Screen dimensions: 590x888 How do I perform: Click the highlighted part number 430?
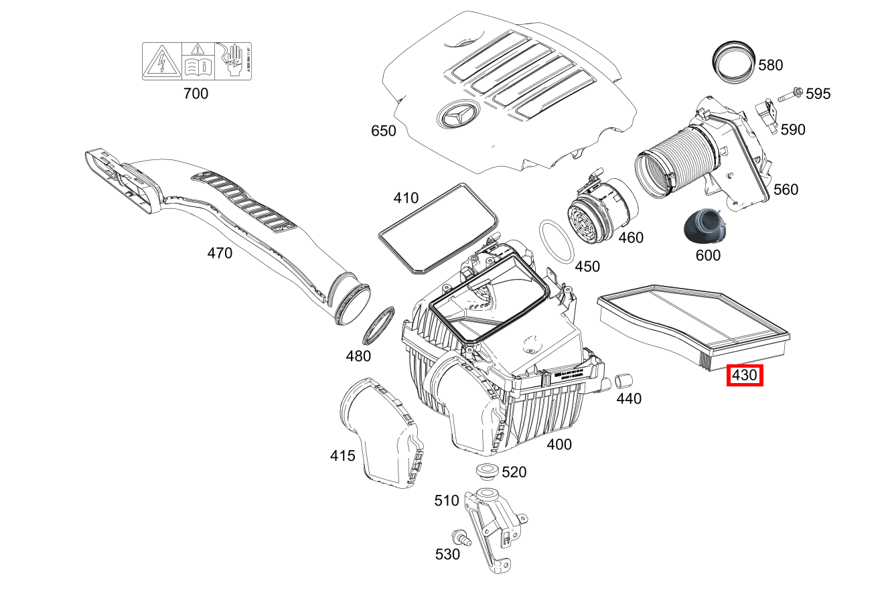[x=745, y=376]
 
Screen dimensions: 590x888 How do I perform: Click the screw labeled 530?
[x=459, y=536]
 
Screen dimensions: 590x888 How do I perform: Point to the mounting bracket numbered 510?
[x=493, y=529]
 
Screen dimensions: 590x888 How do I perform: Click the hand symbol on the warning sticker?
[x=232, y=61]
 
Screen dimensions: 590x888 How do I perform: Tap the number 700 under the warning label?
[x=196, y=94]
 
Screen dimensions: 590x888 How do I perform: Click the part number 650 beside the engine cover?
[x=384, y=131]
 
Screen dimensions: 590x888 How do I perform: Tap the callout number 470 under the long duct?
[x=220, y=253]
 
